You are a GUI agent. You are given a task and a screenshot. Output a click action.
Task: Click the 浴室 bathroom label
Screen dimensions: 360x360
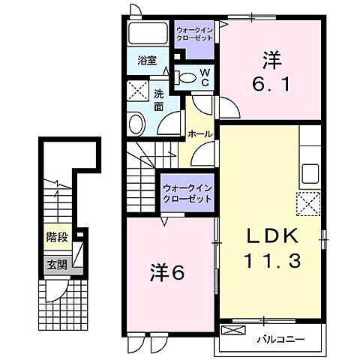pyautogui.click(x=147, y=61)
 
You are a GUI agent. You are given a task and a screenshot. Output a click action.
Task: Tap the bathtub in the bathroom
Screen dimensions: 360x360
pyautogui.click(x=148, y=34)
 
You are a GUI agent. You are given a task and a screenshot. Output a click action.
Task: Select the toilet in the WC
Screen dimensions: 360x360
pyautogui.click(x=185, y=77)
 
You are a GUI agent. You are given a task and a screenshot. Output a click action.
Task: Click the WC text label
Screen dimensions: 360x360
pyautogui.click(x=205, y=77)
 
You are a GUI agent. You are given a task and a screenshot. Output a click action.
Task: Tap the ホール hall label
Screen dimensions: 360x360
pyautogui.click(x=199, y=134)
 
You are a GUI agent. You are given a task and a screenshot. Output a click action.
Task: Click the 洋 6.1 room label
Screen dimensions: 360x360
pyautogui.click(x=271, y=71)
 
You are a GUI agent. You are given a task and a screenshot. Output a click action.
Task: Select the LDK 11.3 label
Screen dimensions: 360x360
pyautogui.click(x=272, y=247)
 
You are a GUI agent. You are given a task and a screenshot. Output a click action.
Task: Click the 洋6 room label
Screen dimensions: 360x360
pyautogui.click(x=167, y=272)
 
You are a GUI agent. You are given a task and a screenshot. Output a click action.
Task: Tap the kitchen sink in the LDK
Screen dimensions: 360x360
pyautogui.click(x=310, y=174)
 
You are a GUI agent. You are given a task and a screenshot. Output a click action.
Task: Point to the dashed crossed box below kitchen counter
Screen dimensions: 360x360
pyautogui.click(x=308, y=204)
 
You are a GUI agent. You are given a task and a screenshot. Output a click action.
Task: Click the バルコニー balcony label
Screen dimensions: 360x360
pyautogui.click(x=281, y=339)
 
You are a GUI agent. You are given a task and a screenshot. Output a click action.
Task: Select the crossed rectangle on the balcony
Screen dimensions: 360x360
pyautogui.click(x=233, y=330)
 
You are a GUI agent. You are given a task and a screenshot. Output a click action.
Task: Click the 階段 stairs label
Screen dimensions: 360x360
pyautogui.click(x=57, y=237)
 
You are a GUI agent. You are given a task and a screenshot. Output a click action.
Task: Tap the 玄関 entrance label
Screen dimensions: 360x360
pyautogui.click(x=57, y=265)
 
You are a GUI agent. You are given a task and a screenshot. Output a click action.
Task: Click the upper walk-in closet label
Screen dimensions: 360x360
pyautogui.click(x=194, y=34)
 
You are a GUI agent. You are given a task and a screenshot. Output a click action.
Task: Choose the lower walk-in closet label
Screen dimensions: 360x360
pyautogui.click(x=187, y=193)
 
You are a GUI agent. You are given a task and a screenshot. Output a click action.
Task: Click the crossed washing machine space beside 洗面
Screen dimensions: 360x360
pyautogui.click(x=138, y=91)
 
